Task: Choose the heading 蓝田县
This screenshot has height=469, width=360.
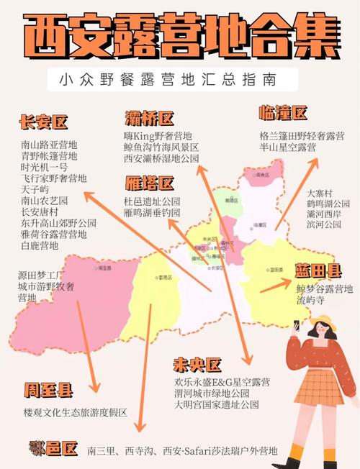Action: point(318,271)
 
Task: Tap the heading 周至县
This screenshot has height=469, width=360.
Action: point(48,391)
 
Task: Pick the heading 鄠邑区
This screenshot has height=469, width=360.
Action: point(53,450)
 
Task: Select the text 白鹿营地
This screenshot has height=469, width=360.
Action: point(40,246)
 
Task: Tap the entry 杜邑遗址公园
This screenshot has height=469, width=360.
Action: point(152,201)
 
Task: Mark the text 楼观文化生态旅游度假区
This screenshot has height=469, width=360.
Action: point(76,413)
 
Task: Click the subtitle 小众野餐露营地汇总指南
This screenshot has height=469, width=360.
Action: point(168,78)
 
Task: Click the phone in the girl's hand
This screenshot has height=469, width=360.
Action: point(296,328)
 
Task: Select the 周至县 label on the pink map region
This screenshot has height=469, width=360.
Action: point(104,267)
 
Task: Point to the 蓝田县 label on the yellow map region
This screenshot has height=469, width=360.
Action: point(274,270)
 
